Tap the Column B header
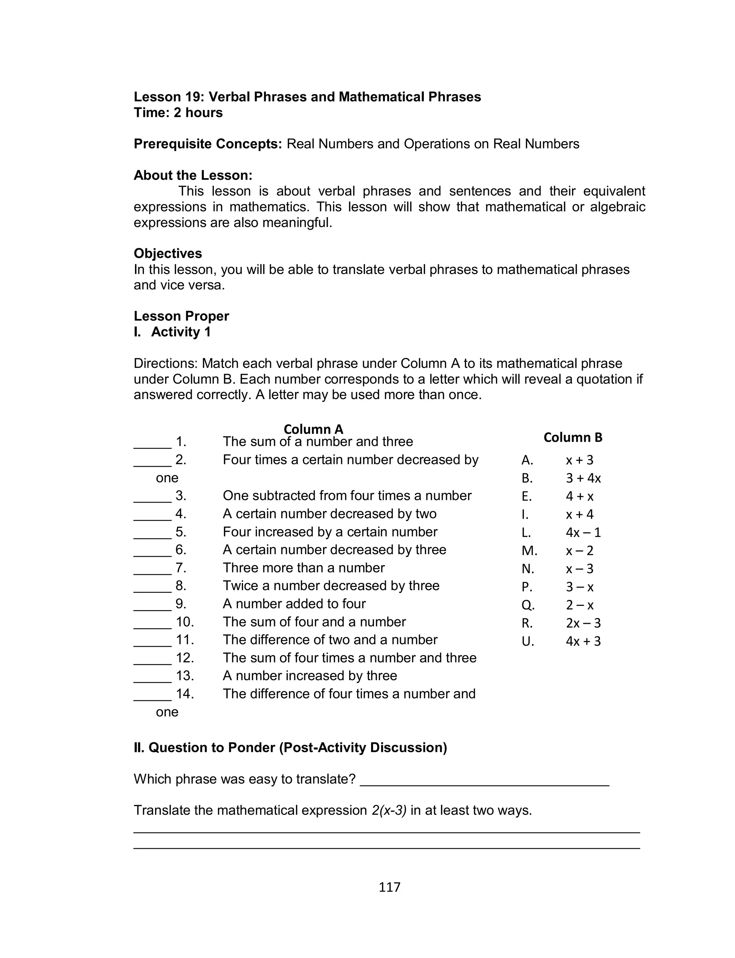click(x=573, y=438)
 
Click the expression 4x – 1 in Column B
click(x=583, y=532)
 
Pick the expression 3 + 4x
click(x=583, y=478)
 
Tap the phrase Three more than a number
click(x=304, y=568)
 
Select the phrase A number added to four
click(x=294, y=604)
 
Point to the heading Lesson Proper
click(x=181, y=316)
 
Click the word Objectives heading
click(x=168, y=253)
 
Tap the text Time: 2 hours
click(x=178, y=112)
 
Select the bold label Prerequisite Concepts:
click(x=208, y=144)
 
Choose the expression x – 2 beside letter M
click(x=579, y=551)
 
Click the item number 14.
click(x=184, y=694)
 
